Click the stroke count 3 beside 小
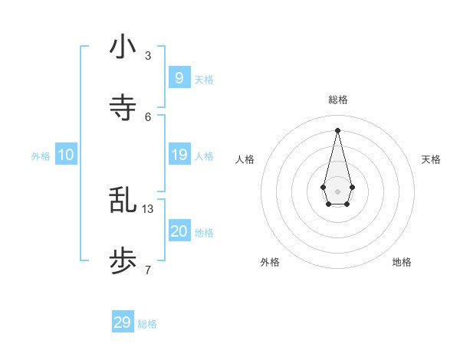(x=148, y=55)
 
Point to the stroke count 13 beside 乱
(x=148, y=208)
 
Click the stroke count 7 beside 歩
(x=148, y=270)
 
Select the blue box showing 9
(x=179, y=78)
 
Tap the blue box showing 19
(x=179, y=155)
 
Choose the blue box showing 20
(x=179, y=231)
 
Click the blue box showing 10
(x=66, y=155)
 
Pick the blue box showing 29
(x=122, y=322)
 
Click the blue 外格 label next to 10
(x=41, y=156)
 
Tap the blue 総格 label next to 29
(x=147, y=324)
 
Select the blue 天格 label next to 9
(x=204, y=80)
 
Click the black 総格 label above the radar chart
(x=338, y=100)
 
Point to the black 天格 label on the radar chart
(x=432, y=159)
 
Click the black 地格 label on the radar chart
(x=402, y=262)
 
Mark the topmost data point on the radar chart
(x=337, y=129)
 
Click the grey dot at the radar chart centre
(x=337, y=191)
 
